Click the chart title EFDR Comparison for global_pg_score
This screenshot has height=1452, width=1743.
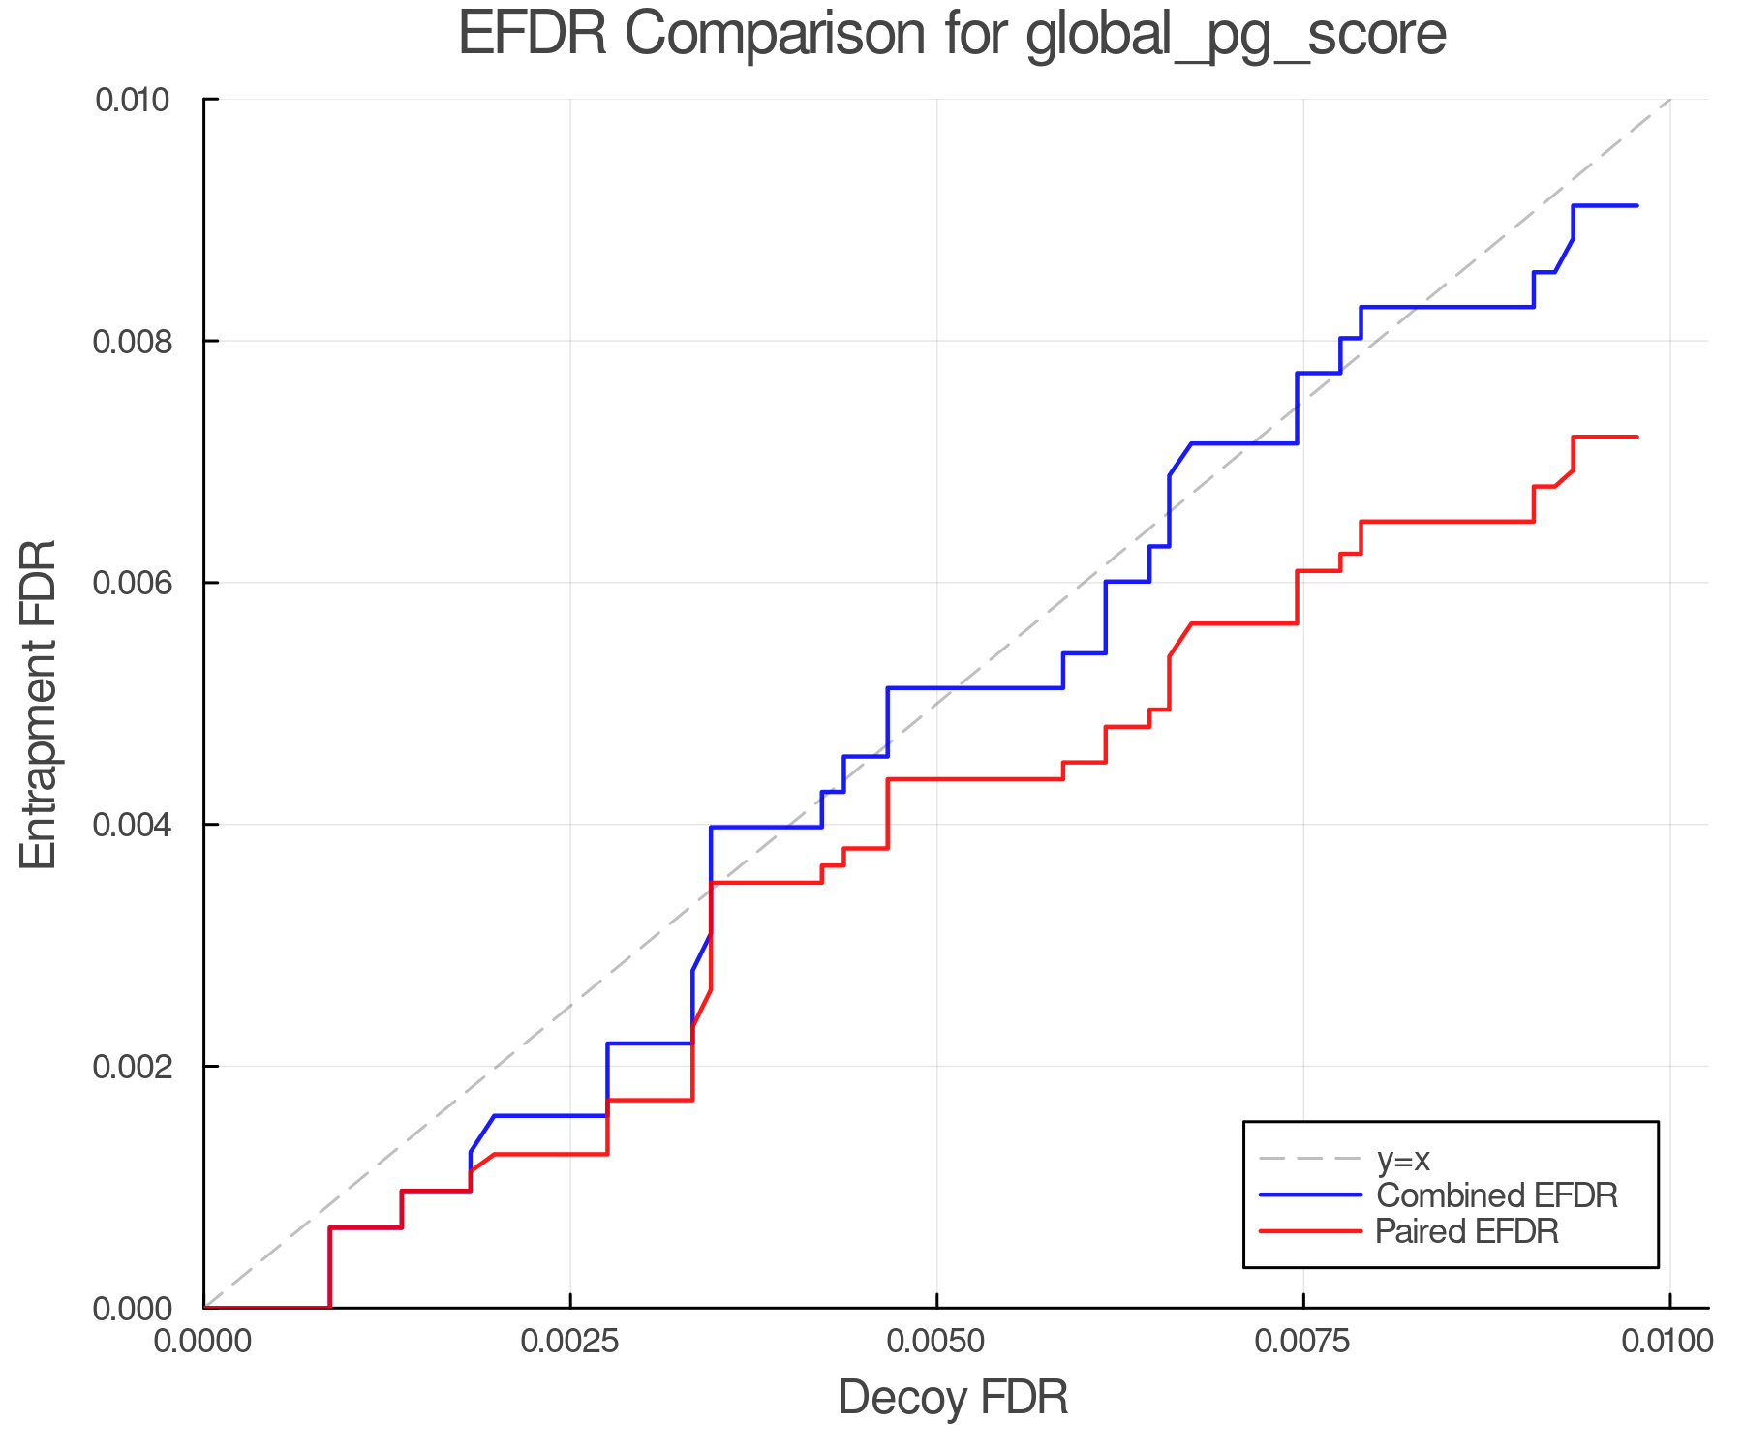click(952, 34)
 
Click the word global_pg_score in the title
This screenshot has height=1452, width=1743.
click(1236, 36)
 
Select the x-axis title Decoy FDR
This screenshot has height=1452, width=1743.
click(953, 1398)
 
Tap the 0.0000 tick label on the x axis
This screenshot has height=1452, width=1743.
click(203, 1342)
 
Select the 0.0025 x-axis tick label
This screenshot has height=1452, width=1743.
click(569, 1342)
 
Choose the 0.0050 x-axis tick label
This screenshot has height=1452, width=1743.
click(936, 1342)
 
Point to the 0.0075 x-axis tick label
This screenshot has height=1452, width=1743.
click(1302, 1342)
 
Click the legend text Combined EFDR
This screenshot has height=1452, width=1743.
click(1496, 1195)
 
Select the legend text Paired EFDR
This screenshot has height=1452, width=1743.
click(1467, 1231)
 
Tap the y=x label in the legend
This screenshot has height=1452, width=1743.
click(1403, 1159)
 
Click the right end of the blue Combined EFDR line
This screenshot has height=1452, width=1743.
click(1636, 206)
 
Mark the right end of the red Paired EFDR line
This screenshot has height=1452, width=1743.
click(1636, 438)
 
